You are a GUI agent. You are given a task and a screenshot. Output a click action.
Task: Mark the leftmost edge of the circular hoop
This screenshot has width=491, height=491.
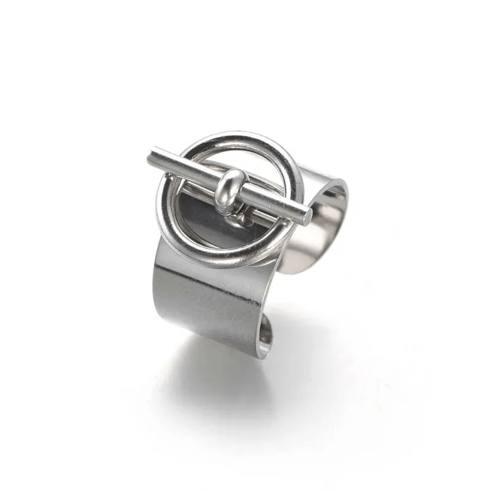click(161, 203)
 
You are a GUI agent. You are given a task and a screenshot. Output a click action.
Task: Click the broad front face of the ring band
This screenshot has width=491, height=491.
click(209, 301)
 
